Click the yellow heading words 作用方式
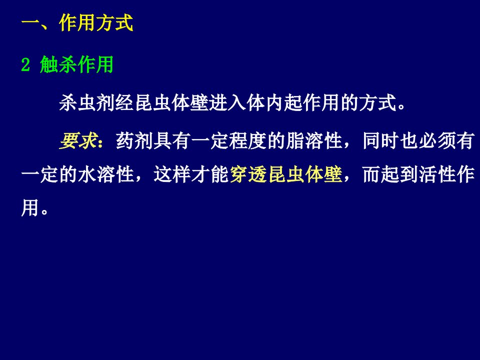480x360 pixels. [96, 22]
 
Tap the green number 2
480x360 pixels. [25, 64]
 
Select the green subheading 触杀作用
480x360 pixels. [76, 64]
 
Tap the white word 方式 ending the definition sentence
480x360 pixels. [378, 102]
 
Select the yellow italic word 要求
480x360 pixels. [78, 141]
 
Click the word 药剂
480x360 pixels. [134, 141]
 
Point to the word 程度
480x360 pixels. [247, 141]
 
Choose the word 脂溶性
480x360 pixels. [313, 141]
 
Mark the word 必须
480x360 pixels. [438, 141]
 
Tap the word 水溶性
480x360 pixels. [106, 174]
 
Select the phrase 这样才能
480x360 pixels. [191, 174]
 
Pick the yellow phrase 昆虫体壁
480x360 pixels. [305, 174]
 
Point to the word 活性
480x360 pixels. [438, 174]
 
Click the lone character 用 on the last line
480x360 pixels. [30, 207]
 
